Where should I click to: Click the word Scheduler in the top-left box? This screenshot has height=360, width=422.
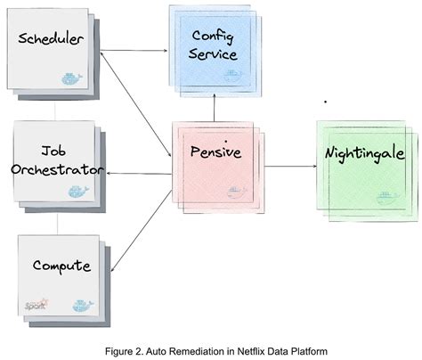(x=52, y=40)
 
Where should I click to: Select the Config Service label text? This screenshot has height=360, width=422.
(x=215, y=45)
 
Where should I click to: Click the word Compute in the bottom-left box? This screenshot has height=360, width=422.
(x=61, y=265)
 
